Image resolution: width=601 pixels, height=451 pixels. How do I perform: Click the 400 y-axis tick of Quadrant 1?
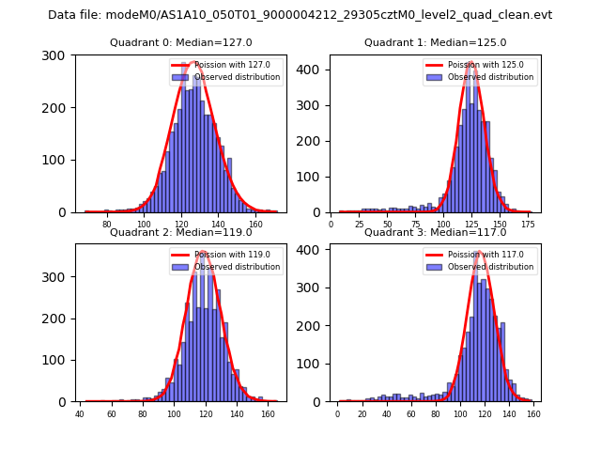pos(312,70)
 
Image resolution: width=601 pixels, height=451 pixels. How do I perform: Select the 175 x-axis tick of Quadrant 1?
pos(529,225)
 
